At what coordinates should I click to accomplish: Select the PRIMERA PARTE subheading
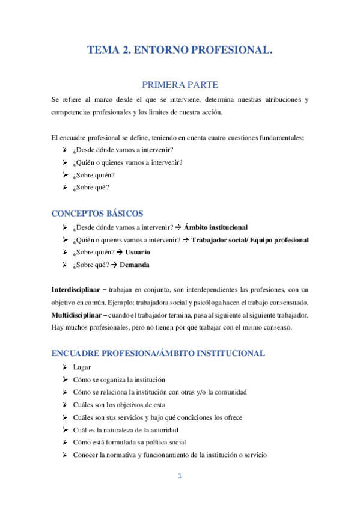click(x=180, y=85)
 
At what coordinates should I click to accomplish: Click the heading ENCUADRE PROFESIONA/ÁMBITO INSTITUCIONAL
click(x=158, y=353)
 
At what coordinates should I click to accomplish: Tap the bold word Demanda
click(x=135, y=265)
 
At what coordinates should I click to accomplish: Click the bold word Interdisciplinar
click(x=75, y=290)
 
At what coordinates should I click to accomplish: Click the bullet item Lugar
click(x=82, y=367)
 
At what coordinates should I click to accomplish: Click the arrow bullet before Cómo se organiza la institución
click(x=64, y=379)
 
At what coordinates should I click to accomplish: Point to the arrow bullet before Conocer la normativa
click(x=64, y=455)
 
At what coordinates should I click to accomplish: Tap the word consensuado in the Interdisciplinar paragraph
click(x=289, y=303)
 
